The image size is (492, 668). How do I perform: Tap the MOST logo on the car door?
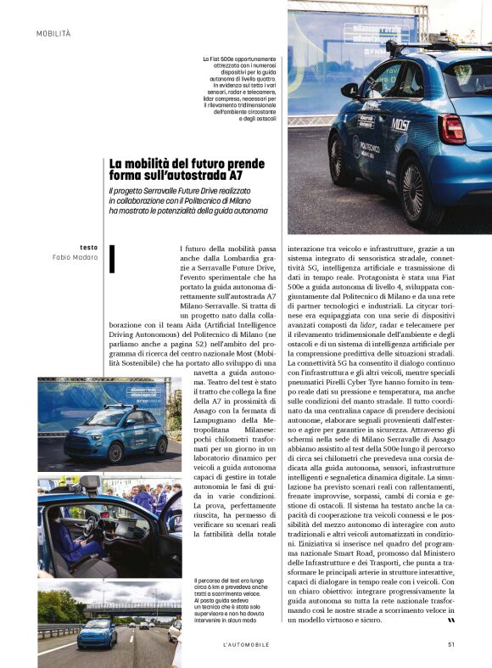(400, 124)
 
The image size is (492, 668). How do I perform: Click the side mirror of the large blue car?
(349, 89)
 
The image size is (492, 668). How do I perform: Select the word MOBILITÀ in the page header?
(53, 33)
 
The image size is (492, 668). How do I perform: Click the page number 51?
(451, 644)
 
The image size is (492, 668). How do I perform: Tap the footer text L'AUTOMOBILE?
(246, 644)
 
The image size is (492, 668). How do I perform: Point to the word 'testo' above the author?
(88, 247)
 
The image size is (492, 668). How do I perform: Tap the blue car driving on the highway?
(96, 633)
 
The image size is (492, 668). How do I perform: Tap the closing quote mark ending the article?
(450, 620)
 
